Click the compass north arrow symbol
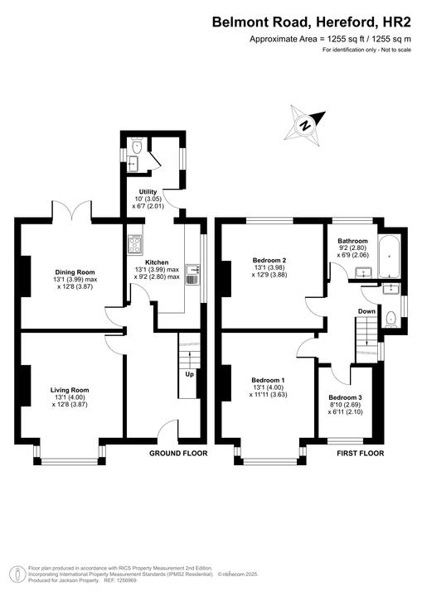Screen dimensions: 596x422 (305, 125)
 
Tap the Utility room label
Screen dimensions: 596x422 (148, 192)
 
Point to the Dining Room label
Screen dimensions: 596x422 (75, 272)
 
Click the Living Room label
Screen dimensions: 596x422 (70, 389)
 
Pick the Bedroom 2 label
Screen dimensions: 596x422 (269, 261)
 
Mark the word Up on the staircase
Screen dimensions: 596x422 (189, 373)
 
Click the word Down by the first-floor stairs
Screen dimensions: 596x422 (366, 311)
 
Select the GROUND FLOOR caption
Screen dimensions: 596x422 (177, 454)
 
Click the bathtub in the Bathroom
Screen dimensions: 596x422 (389, 257)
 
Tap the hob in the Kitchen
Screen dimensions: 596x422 (135, 244)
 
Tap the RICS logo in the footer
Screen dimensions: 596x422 (14, 574)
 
